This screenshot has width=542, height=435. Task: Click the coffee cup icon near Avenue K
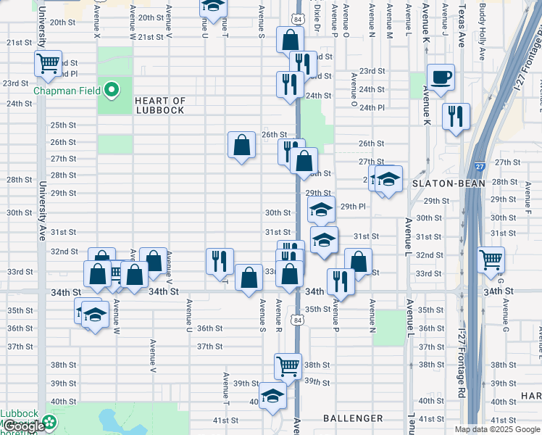pyautogui.click(x=440, y=78)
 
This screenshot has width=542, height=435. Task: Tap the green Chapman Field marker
pyautogui.click(x=111, y=91)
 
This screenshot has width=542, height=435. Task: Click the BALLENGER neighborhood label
pyautogui.click(x=352, y=418)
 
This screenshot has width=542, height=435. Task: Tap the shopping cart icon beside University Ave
pyautogui.click(x=49, y=63)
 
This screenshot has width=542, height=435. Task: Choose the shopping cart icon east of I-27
pyautogui.click(x=491, y=259)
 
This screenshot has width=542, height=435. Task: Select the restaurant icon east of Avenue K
pyautogui.click(x=456, y=116)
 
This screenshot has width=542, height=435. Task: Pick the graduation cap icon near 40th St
pyautogui.click(x=272, y=396)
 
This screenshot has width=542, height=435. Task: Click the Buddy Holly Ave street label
pyautogui.click(x=483, y=25)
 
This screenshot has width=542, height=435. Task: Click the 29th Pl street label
pyautogui.click(x=353, y=207)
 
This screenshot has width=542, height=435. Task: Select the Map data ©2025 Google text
pyautogui.click(x=497, y=429)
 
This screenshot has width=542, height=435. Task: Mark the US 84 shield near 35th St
pyautogui.click(x=298, y=318)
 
